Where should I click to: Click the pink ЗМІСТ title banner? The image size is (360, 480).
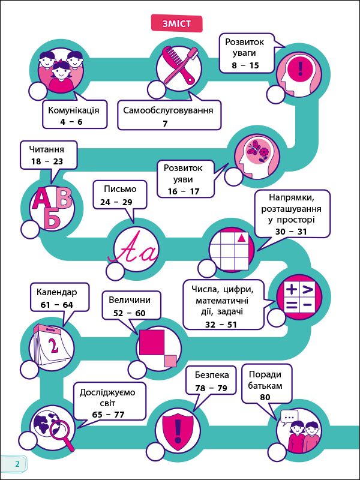click(177, 23)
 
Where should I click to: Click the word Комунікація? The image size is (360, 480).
click(74, 110)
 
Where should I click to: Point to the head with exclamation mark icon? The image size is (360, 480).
click(298, 68)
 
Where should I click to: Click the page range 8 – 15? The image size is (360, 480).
click(245, 65)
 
